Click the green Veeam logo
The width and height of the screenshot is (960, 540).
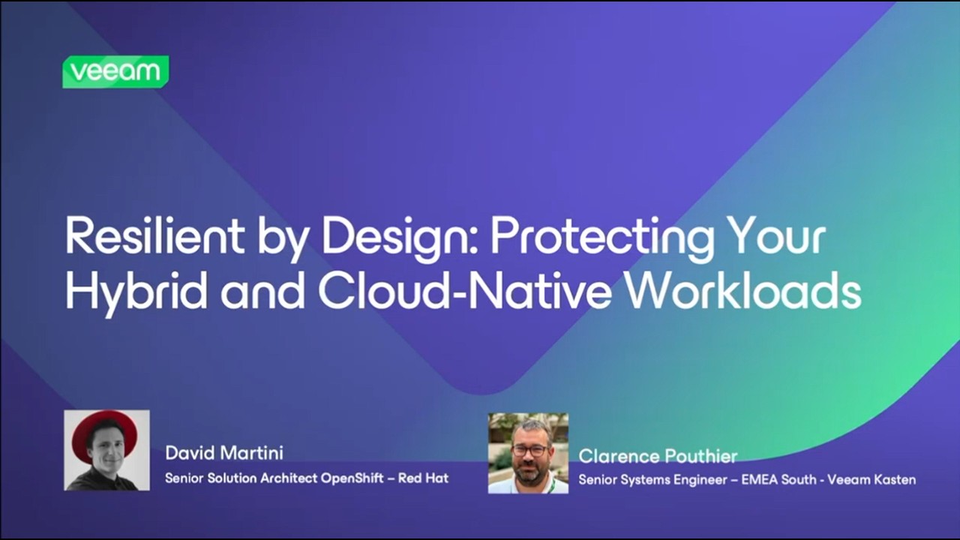115,72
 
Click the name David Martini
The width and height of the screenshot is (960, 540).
224,453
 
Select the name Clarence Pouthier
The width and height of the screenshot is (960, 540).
658,456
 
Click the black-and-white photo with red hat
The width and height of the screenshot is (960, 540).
106,450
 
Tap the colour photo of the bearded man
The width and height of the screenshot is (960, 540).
528,453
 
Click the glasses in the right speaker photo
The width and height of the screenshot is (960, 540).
529,449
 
